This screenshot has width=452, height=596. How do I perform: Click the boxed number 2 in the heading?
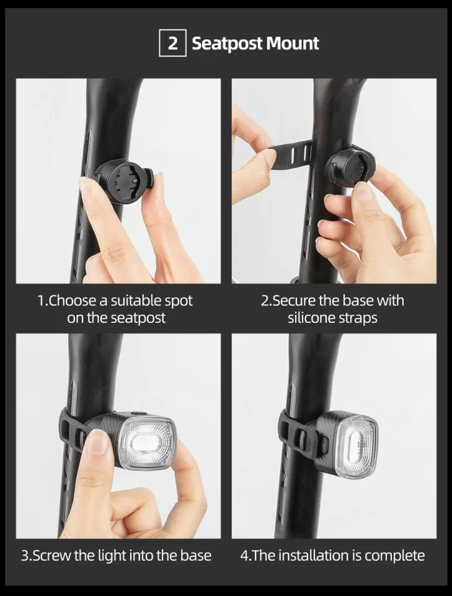(173, 43)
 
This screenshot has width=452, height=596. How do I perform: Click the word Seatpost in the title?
(226, 44)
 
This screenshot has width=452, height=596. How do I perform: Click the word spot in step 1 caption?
(177, 301)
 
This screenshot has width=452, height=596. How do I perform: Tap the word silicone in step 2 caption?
(311, 318)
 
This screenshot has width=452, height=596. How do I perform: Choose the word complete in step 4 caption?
(394, 555)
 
